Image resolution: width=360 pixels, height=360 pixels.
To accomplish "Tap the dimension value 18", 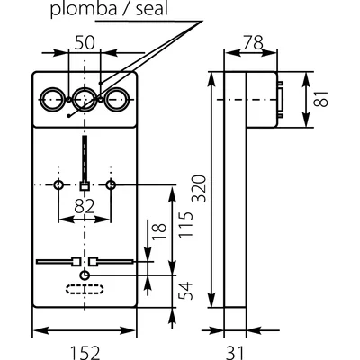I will (x=157, y=232).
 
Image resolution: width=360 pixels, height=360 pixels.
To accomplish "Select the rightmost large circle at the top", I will (x=115, y=98).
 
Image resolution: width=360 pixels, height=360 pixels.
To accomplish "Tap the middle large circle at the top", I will (x=85, y=98).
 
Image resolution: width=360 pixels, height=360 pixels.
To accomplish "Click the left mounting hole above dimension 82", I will (x=58, y=184).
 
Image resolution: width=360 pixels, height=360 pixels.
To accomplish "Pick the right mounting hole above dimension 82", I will (x=111, y=184).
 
